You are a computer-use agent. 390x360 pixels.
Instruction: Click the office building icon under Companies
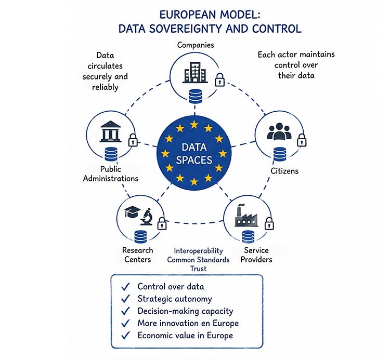(x=195, y=72)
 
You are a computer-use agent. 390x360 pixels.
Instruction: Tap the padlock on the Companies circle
(x=219, y=80)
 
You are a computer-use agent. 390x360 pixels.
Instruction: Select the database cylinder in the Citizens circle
(x=280, y=154)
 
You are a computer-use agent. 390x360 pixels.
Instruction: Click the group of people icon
(x=279, y=131)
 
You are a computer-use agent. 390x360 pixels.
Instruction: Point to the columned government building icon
(x=110, y=131)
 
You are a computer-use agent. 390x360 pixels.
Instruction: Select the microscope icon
(x=147, y=217)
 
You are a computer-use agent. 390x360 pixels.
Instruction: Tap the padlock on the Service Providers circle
(x=269, y=223)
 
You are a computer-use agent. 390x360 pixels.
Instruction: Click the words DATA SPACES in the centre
(x=194, y=154)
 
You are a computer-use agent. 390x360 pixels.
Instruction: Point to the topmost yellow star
(x=194, y=125)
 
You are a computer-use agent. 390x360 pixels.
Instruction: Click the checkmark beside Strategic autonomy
(x=126, y=298)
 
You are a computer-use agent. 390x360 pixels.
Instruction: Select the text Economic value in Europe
(x=185, y=336)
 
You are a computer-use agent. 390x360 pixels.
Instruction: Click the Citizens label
(x=284, y=171)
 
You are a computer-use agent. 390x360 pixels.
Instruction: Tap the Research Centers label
(x=138, y=255)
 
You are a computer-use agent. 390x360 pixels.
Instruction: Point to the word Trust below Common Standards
(x=199, y=269)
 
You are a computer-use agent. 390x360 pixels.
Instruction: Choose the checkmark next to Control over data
(x=126, y=286)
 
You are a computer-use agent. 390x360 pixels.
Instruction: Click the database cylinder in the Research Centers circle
(x=140, y=237)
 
